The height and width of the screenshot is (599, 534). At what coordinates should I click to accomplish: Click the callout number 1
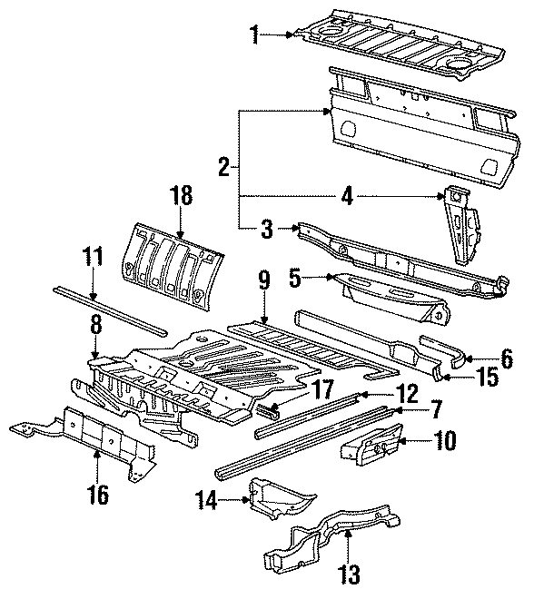(256, 35)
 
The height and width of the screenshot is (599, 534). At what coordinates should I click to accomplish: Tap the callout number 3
(265, 229)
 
